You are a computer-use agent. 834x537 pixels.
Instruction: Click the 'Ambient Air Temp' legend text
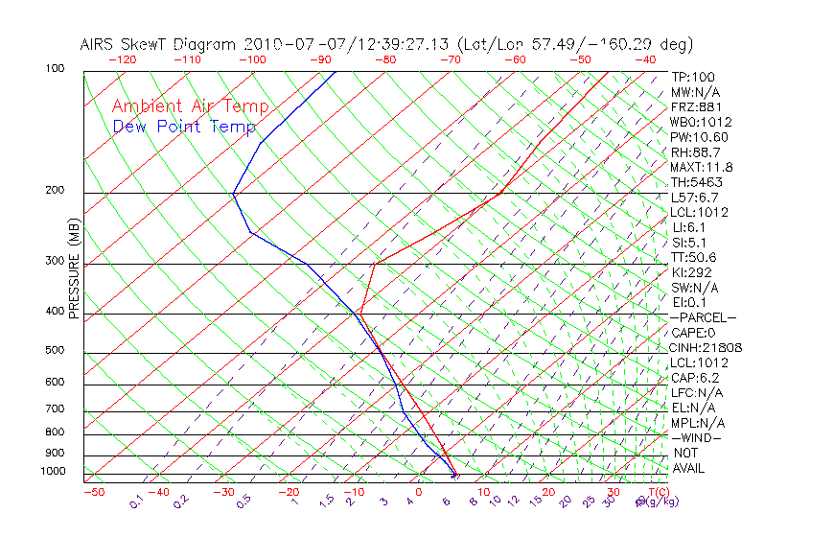click(190, 106)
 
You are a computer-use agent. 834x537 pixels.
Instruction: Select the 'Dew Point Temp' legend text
click(184, 127)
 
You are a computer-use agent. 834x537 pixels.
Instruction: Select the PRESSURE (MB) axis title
click(74, 270)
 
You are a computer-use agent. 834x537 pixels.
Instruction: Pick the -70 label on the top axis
click(449, 59)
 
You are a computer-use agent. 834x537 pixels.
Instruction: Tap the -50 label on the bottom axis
click(93, 492)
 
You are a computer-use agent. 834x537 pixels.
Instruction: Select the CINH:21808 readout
click(707, 348)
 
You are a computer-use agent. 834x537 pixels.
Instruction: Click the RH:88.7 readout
click(695, 152)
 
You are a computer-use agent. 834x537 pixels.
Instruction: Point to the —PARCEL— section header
click(704, 317)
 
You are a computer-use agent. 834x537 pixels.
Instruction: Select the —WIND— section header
click(697, 438)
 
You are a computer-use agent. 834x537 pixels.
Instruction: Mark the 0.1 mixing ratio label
click(136, 502)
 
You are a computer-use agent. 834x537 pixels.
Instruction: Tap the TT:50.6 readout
click(694, 257)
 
